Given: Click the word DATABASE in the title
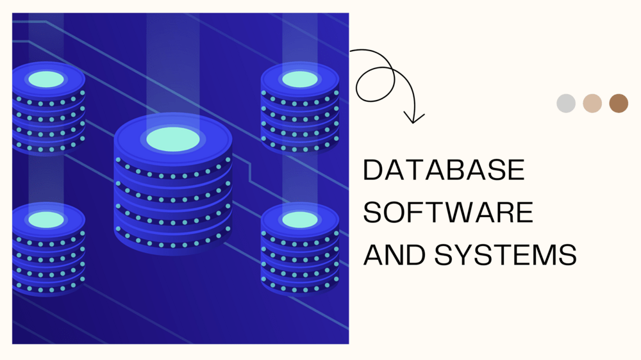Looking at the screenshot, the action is [444, 170].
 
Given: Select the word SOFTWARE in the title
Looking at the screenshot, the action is [448, 213].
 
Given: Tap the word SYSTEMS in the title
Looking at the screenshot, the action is [505, 255].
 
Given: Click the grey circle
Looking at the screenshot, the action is [566, 103].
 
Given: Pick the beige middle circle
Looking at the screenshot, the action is [592, 103].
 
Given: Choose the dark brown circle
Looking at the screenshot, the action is [619, 103].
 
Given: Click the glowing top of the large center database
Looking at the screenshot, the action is [173, 139].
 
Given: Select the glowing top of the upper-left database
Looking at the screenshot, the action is [47, 79].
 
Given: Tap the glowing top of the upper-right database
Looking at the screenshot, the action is [300, 79].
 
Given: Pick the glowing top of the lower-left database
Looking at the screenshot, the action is [47, 220].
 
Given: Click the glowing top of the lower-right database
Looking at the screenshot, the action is [300, 220].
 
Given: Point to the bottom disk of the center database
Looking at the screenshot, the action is [173, 240].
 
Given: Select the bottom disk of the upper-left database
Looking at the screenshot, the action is [48, 146].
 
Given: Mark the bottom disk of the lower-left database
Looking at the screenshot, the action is [48, 286].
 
